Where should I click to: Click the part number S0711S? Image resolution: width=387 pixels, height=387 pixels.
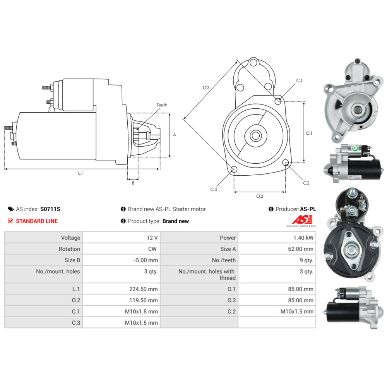coord(50,209)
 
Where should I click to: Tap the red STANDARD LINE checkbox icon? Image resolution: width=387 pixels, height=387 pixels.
coord(11,221)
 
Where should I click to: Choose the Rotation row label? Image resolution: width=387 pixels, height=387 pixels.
coord(69,249)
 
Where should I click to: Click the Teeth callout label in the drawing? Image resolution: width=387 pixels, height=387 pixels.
coord(162,105)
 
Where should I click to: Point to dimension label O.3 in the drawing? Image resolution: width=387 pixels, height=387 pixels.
coord(206,88)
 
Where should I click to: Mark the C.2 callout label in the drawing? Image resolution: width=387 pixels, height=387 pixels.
coord(306,183)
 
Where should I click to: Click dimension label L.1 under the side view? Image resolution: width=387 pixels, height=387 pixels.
coord(80,173)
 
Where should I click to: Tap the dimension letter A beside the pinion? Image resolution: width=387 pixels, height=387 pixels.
coord(175,135)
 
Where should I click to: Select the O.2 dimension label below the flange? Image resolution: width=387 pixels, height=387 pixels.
coord(260,196)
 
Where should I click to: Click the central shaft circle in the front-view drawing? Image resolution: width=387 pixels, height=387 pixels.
coord(255,136)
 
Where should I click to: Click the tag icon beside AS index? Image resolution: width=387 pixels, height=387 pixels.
coord(11,209)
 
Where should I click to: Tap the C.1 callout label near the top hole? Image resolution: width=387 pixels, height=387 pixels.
coord(299,80)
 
